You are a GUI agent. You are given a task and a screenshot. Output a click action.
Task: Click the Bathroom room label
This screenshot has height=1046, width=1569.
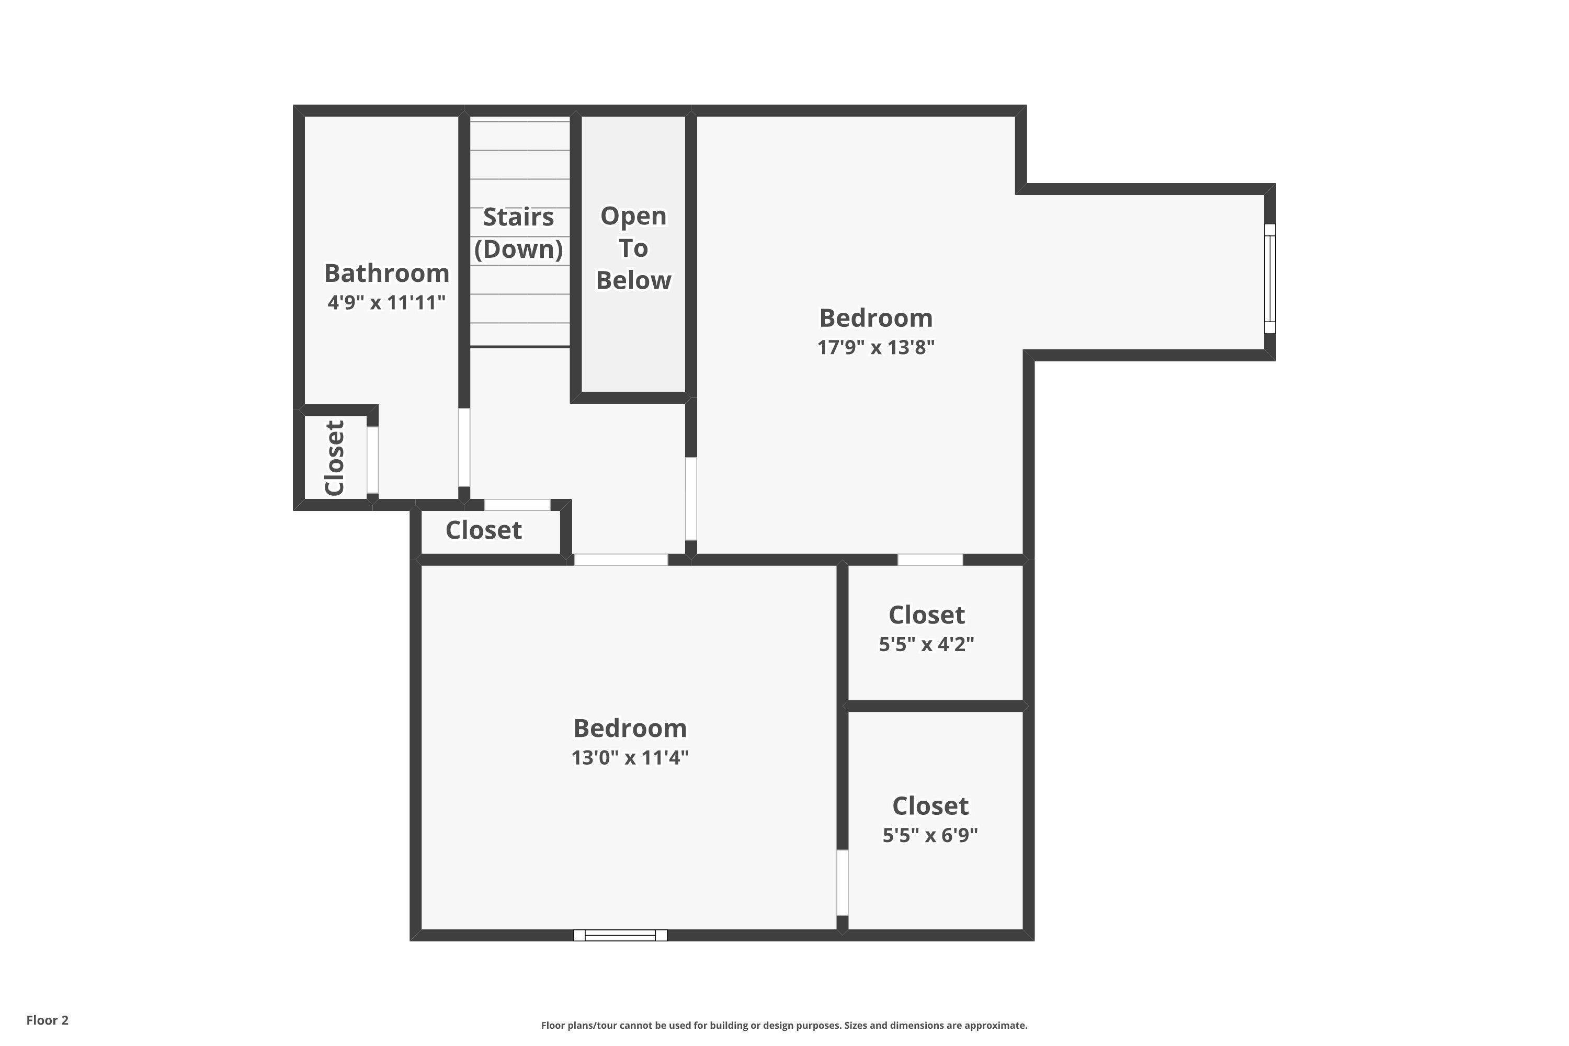tap(386, 274)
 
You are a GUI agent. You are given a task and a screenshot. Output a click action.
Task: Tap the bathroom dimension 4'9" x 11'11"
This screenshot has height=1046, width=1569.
tap(386, 303)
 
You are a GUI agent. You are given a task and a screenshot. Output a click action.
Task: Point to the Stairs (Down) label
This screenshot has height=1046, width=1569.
tap(518, 233)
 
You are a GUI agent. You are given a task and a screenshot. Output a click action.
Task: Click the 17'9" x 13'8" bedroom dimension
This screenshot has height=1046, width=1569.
tap(876, 348)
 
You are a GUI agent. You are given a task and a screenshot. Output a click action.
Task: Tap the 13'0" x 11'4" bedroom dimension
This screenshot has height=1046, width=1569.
tap(630, 758)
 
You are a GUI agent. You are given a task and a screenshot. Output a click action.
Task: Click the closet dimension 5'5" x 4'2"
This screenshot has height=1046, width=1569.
tap(927, 644)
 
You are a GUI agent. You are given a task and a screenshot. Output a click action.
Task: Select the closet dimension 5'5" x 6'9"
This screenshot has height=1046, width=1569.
tap(930, 835)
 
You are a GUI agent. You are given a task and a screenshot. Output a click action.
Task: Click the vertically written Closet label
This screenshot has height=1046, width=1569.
tap(334, 458)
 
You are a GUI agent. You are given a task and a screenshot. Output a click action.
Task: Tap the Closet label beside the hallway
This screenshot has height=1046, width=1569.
tap(484, 530)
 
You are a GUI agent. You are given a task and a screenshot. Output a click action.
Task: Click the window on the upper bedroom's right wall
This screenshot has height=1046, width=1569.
tap(1270, 278)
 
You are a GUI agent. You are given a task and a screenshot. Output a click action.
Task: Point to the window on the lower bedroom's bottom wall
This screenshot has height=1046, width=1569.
tap(620, 935)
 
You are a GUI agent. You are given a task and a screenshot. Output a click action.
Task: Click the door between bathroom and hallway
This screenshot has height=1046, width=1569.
tap(464, 448)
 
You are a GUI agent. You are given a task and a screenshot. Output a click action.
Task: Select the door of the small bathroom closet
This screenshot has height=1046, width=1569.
tap(373, 460)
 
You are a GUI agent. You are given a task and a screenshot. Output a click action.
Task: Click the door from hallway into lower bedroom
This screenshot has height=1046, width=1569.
tap(621, 560)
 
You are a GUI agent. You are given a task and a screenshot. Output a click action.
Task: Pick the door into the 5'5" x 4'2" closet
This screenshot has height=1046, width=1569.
tap(930, 560)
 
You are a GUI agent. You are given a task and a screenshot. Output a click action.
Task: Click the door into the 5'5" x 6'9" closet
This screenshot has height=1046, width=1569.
tap(843, 883)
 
